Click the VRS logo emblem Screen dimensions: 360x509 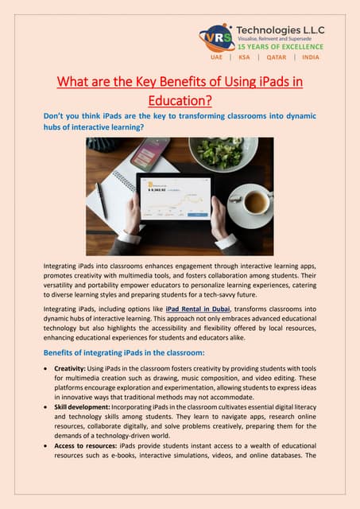point(216,37)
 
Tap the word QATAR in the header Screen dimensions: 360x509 point(277,57)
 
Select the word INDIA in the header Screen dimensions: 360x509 point(311,57)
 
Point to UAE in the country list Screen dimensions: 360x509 point(216,57)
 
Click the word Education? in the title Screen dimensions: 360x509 point(180,101)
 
